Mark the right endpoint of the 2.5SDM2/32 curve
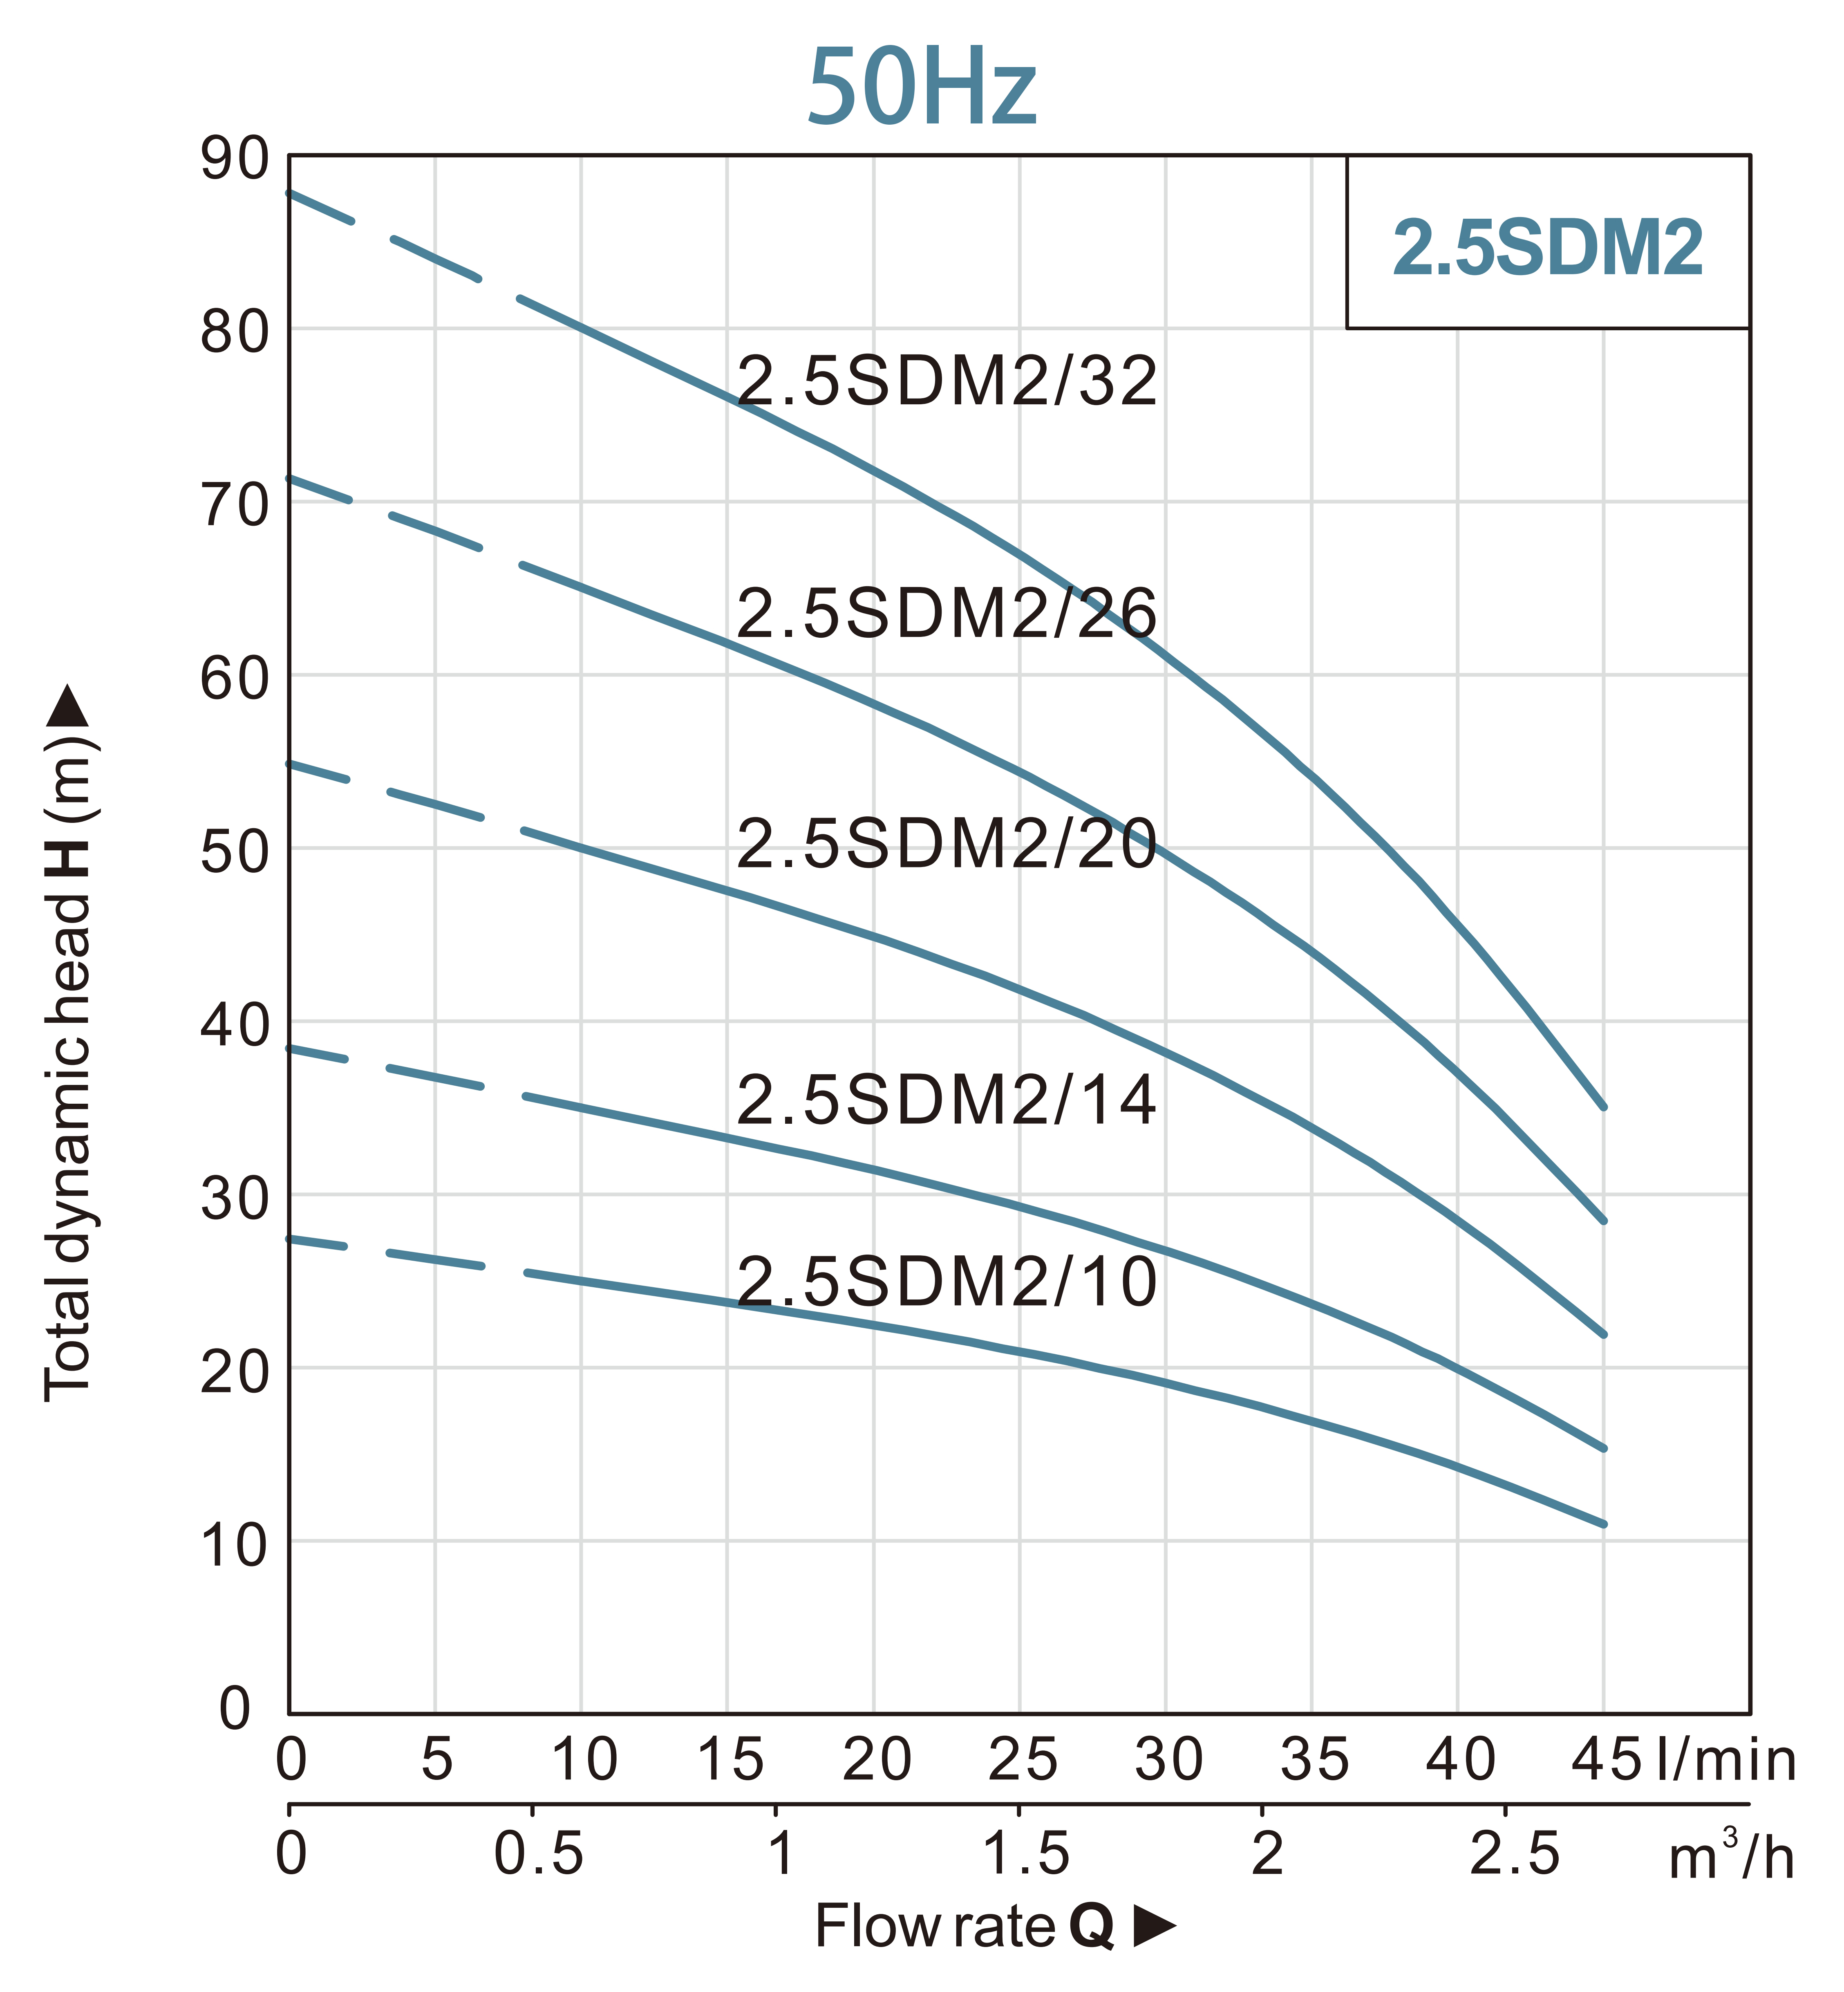point(1604,1107)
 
